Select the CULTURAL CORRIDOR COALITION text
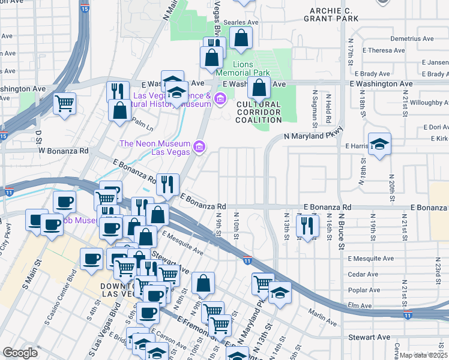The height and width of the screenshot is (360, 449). (x=259, y=112)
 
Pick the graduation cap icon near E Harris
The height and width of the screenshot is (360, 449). (x=379, y=144)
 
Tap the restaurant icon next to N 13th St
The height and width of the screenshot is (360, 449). (x=307, y=226)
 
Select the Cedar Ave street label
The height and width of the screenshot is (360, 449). (x=363, y=274)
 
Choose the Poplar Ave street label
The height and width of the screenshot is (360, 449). (x=366, y=289)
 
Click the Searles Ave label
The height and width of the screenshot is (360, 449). (x=240, y=22)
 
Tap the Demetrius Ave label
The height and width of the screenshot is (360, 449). (x=411, y=38)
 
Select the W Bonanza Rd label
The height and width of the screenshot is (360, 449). (x=64, y=149)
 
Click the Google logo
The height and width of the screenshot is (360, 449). (x=19, y=353)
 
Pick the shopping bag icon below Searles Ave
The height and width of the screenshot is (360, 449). (x=241, y=38)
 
